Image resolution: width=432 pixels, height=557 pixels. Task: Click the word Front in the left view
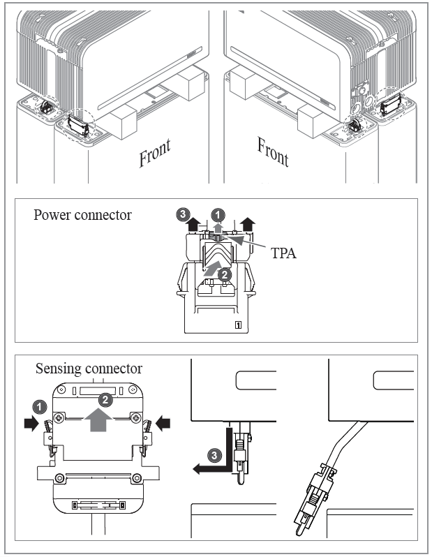click(x=155, y=151)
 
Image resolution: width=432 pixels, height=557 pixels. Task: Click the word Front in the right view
click(x=273, y=151)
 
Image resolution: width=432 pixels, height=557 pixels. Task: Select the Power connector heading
click(x=82, y=215)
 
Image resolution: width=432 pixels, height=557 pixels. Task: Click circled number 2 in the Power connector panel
click(x=224, y=275)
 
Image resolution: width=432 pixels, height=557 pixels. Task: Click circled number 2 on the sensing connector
click(x=105, y=400)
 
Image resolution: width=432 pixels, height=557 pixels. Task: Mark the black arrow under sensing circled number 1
click(x=31, y=422)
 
